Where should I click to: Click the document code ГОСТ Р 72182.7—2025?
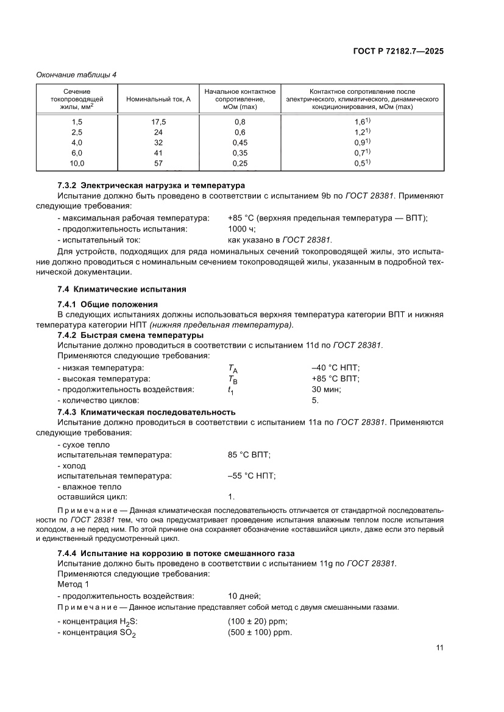click(398, 52)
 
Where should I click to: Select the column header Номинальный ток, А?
click(158, 99)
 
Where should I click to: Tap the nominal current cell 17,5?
click(158, 122)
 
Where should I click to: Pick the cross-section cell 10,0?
click(77, 163)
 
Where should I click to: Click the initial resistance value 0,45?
click(240, 143)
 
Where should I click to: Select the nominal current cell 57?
click(158, 163)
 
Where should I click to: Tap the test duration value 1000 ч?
click(242, 229)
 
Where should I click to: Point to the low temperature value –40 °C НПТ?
click(335, 368)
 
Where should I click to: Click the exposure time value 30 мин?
click(326, 390)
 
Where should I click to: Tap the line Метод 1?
click(73, 584)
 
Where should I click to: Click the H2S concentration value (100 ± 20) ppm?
click(257, 621)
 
